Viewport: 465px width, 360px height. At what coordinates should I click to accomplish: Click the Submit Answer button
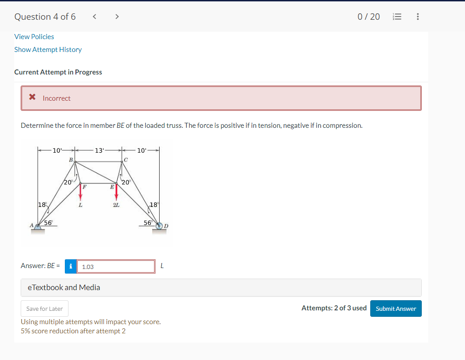pos(396,309)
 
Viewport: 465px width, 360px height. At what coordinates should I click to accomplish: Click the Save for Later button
pos(45,309)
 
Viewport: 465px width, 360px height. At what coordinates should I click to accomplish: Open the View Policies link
pos(34,37)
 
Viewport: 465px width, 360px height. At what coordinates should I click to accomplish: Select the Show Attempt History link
pos(48,50)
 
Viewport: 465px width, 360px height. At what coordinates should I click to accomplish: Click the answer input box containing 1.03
pos(115,266)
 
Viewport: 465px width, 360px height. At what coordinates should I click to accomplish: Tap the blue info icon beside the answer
pos(70,266)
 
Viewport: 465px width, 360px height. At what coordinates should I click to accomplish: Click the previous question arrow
pos(94,17)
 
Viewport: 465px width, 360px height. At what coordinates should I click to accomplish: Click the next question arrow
pos(117,17)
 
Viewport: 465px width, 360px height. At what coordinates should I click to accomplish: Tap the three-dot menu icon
pos(417,17)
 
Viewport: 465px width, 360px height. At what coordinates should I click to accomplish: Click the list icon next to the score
pos(396,17)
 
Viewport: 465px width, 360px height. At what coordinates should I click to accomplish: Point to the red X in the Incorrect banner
pos(32,97)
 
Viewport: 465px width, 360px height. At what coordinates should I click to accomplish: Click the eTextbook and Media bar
pos(221,287)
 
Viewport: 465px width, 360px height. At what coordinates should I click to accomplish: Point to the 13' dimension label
pos(99,150)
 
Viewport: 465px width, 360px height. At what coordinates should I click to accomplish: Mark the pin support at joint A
pos(38,227)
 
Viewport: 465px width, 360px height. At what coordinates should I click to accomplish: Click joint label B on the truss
pos(70,160)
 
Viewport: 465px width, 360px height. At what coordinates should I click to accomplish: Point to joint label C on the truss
pos(126,160)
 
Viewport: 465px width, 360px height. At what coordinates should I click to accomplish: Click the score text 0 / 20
pos(368,17)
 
